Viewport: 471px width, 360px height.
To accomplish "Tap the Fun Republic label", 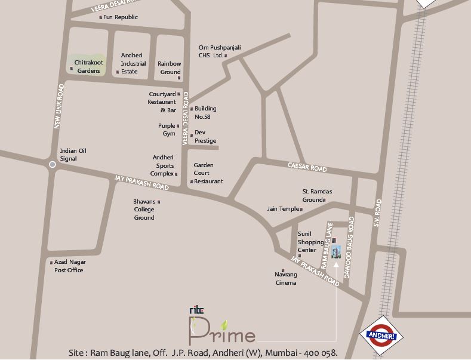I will click(x=121, y=17).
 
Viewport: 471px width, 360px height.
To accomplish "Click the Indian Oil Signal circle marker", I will click(x=53, y=164).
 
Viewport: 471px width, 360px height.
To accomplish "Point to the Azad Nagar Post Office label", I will click(x=69, y=266).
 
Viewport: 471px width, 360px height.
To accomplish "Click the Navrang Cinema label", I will click(x=285, y=279).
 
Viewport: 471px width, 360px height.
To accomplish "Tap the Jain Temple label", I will click(x=283, y=209).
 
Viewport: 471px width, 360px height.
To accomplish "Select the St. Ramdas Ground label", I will click(x=316, y=196).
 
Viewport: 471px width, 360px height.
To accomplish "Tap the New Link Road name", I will click(x=59, y=106).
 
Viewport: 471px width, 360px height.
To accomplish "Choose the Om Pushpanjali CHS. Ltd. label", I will click(x=211, y=51).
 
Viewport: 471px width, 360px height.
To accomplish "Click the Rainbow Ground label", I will click(x=169, y=67).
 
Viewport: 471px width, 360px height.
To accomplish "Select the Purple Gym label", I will click(x=167, y=130).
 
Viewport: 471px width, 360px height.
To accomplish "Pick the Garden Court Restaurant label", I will click(x=208, y=173).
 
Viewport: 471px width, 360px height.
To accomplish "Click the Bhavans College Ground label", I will click(x=144, y=210).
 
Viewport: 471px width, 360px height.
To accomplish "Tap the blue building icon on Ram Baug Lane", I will click(x=336, y=252).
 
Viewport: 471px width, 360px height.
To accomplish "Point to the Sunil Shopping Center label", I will click(x=310, y=242).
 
